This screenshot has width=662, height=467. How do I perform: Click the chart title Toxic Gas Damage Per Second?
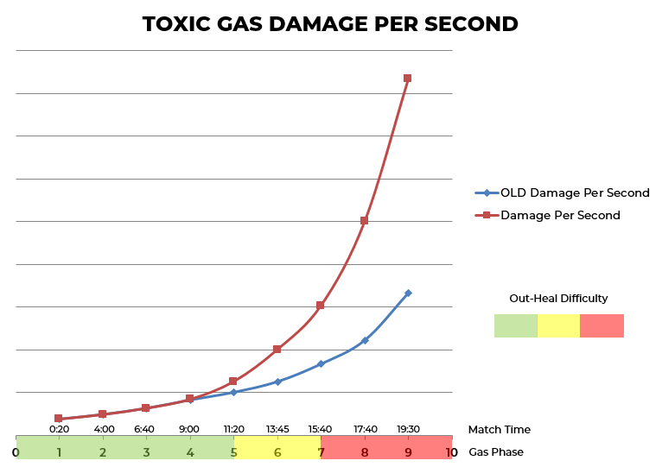coord(330,24)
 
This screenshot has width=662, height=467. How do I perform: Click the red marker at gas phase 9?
coord(407,79)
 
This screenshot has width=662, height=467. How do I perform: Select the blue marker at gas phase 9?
coord(408,293)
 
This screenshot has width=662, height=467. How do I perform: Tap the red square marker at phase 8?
coord(365,221)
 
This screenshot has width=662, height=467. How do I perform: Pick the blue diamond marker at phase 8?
coord(365,340)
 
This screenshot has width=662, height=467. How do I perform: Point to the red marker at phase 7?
coord(320,306)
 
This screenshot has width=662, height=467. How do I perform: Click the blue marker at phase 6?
coord(277,382)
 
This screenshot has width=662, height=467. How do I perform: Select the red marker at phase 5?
coord(233,381)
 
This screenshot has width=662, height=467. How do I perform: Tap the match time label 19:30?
coord(408,429)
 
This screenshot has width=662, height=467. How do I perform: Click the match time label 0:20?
coord(59,429)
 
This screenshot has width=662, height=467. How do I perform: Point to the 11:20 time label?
coord(233,429)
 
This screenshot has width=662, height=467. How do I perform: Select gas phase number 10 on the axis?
coord(451,452)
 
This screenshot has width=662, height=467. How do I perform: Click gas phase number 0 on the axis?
coord(16,452)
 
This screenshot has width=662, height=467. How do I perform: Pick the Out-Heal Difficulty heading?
coord(558,299)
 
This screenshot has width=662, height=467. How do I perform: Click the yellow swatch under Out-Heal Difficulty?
coord(558,325)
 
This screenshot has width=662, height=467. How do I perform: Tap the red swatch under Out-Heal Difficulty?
coord(602,325)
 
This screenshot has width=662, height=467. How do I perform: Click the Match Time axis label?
coord(499,430)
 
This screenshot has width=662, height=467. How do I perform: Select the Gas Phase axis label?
coord(496,452)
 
